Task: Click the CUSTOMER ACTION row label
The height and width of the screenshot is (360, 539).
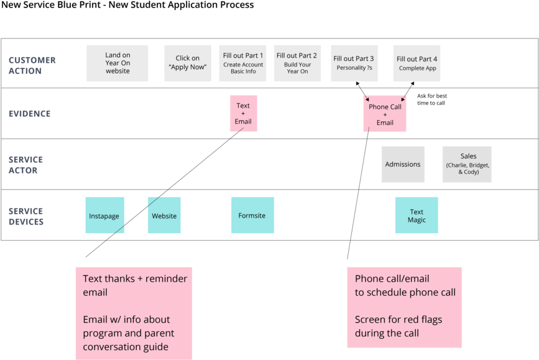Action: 32,65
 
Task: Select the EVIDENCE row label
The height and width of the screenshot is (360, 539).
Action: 29,114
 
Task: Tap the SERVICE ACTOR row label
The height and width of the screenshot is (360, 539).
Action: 25,165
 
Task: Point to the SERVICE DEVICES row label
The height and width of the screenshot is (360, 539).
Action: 25,216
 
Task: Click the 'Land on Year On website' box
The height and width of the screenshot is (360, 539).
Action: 117,63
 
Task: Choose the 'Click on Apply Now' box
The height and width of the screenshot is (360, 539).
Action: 188,63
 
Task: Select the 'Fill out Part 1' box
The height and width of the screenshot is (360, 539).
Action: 243,63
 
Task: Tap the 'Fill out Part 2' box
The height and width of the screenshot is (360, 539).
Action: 297,63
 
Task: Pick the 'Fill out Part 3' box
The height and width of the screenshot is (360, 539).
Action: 354,63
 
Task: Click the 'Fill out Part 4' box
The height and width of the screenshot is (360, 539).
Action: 417,63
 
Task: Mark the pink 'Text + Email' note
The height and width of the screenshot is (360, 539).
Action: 243,114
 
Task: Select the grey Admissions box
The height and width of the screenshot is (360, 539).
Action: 403,165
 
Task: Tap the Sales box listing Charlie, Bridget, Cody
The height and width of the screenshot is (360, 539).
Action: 467,165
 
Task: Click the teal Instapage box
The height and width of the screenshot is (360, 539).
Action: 104,216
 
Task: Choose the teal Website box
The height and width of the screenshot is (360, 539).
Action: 164,216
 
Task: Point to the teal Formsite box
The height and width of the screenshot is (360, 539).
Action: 252,216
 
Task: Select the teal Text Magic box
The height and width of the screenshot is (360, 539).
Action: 417,216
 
